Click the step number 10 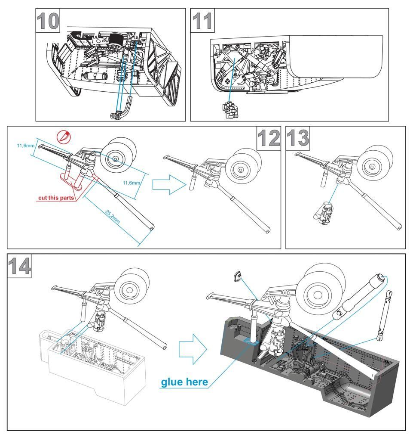click(x=48, y=21)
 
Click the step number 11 click(x=202, y=21)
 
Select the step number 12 click(x=268, y=139)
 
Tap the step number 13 click(x=297, y=139)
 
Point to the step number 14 click(x=20, y=266)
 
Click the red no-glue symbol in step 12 click(x=63, y=137)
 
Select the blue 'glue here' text click(x=184, y=382)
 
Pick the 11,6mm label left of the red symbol click(x=25, y=146)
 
